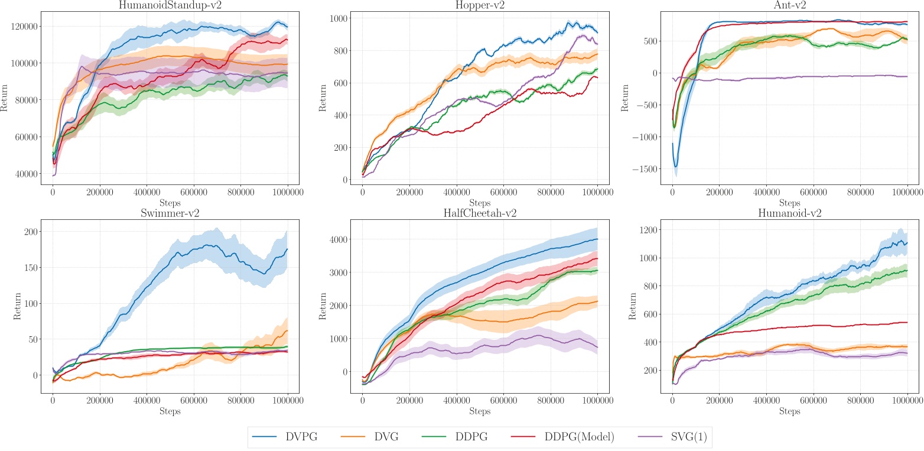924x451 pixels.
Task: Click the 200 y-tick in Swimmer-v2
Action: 32,231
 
